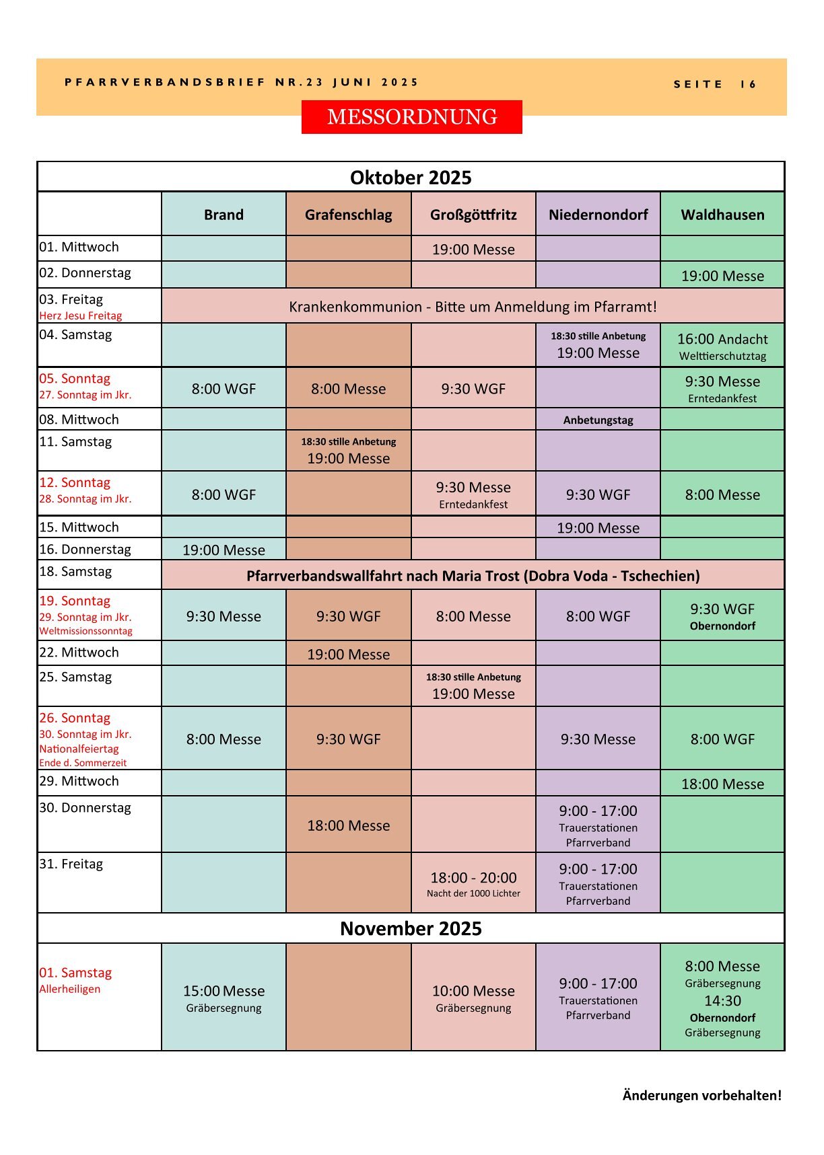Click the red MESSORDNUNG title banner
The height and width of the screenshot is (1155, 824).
pos(411,117)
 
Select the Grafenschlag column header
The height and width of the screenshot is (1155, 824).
pos(348,215)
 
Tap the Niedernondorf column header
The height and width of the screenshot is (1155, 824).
pos(598,215)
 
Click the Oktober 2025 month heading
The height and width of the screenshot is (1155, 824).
pos(411,178)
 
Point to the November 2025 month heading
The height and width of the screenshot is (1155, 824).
pos(411,928)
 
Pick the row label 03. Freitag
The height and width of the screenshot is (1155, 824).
pos(71,299)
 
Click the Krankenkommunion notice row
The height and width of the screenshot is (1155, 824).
pos(473,307)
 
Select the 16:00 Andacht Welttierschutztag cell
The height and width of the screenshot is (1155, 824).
pos(722,346)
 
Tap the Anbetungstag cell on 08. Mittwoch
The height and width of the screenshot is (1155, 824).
pos(598,420)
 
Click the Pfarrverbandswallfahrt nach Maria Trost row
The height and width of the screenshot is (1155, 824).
pos(473,576)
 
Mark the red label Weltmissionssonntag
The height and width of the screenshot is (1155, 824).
pos(85,631)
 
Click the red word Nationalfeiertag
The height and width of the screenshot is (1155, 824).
pos(79,749)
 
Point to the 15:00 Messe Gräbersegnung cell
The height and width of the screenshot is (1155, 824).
pos(224,998)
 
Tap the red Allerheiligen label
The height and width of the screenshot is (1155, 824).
pos(70,989)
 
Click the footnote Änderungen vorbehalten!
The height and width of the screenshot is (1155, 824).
pos(701,1095)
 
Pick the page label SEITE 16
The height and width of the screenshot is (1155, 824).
pos(715,84)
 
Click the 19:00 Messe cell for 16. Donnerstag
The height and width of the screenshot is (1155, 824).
pos(224,550)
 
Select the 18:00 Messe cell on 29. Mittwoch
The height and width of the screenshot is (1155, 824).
pos(722,784)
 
